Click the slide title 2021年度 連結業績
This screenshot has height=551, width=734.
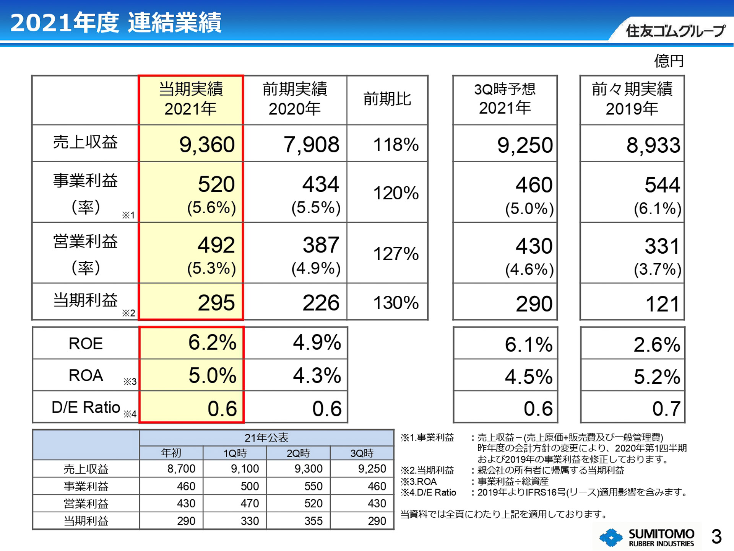115,23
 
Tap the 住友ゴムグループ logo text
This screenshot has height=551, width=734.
675,31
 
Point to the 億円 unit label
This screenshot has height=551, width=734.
669,61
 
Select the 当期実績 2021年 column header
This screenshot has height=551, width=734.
191,99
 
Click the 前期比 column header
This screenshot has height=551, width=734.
387,99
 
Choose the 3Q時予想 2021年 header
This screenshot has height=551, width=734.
505,99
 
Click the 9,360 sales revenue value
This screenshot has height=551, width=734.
207,145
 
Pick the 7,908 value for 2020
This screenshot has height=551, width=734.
311,145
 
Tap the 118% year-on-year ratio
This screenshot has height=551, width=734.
396,145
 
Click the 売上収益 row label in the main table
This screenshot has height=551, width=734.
85,142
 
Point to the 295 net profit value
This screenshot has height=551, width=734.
216,303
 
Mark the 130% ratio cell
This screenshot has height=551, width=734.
396,303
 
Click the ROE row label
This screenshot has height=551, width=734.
86,343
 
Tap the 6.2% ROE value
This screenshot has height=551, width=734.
212,342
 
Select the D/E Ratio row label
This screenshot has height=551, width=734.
86,407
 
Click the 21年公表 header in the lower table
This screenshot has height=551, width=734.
266,437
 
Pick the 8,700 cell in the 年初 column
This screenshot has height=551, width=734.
181,468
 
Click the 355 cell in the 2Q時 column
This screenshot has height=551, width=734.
313,521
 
